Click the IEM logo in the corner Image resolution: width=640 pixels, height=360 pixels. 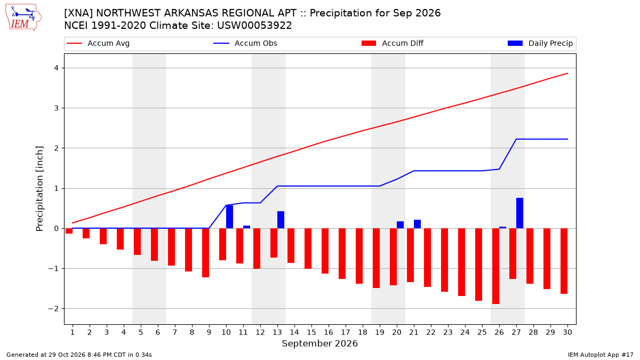[23, 18]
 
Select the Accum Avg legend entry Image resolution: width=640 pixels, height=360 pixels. [98, 43]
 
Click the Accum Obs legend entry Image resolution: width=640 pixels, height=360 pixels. [245, 43]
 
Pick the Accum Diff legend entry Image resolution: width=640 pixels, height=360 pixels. [393, 43]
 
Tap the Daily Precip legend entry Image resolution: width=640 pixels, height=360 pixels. [540, 43]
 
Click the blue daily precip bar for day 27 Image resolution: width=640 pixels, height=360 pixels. [519, 213]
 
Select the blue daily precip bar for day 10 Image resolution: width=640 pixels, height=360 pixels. [229, 217]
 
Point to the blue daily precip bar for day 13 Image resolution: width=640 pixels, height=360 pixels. [281, 220]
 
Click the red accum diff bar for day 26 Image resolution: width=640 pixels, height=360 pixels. [495, 266]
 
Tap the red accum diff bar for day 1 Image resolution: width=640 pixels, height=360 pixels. [69, 231]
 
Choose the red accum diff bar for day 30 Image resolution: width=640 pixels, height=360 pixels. [564, 261]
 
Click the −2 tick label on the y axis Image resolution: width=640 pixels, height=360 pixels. [53, 309]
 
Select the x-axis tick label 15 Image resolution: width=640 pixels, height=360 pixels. [311, 332]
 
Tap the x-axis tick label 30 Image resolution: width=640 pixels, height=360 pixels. [567, 332]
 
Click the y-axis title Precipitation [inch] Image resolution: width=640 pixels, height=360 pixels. [39, 189]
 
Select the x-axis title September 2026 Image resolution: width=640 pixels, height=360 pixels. [319, 343]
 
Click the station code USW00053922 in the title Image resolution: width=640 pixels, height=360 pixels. [254, 26]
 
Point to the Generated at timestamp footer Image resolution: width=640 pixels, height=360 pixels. [79, 355]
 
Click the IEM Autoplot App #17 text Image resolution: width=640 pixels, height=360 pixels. [601, 355]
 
